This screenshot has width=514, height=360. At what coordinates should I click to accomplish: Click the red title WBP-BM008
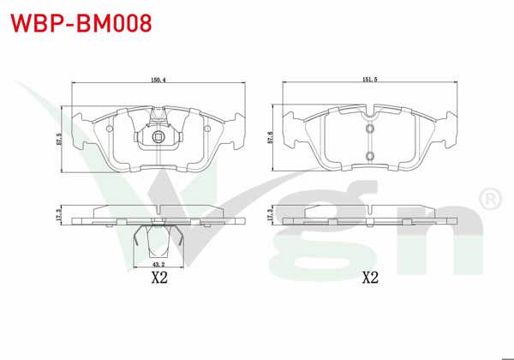[81, 23]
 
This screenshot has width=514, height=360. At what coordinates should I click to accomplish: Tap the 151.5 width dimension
[369, 80]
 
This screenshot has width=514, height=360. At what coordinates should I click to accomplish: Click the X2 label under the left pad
[159, 279]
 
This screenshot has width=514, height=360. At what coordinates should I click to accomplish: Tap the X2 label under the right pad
[370, 277]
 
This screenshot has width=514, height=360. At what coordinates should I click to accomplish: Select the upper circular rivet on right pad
[370, 129]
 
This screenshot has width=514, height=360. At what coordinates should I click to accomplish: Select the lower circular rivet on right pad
[370, 155]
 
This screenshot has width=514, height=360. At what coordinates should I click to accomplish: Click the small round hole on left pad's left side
[111, 126]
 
